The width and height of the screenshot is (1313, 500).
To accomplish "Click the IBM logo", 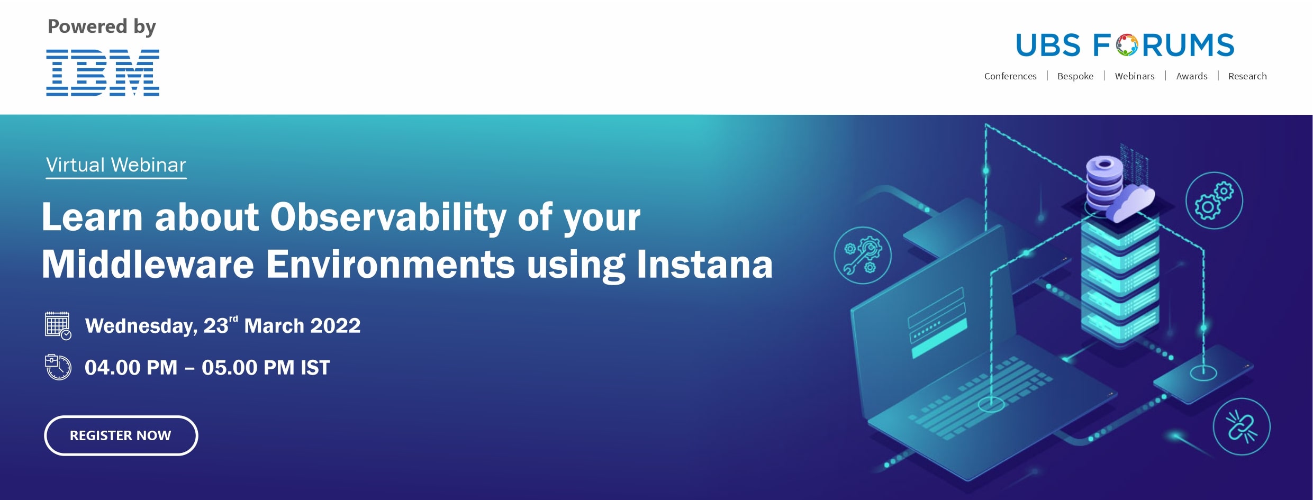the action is (x=103, y=72).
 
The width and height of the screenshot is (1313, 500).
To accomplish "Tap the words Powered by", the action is (x=102, y=27).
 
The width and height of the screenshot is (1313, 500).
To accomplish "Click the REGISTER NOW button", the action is (x=121, y=435).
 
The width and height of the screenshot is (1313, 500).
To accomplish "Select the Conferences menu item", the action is (x=1010, y=76).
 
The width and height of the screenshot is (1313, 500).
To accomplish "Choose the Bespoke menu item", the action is (x=1075, y=76).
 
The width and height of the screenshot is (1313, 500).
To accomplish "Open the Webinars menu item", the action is (x=1135, y=76).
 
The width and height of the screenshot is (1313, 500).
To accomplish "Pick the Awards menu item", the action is (x=1192, y=76).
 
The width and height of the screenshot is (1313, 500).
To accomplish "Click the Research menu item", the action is (x=1247, y=76).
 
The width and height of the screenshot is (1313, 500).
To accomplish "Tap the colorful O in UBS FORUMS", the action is (x=1127, y=46).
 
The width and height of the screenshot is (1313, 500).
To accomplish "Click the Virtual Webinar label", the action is (x=116, y=165).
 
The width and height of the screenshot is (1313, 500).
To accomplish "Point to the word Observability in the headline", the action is (x=388, y=217).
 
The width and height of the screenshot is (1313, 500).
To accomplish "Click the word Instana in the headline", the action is (x=704, y=265).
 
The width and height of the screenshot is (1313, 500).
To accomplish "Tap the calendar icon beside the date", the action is (x=58, y=325).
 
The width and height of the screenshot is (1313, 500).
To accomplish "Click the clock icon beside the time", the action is (x=58, y=367).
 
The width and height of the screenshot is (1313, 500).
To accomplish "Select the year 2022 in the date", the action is (x=335, y=326).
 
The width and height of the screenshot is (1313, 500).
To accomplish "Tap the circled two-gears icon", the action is (x=1214, y=201).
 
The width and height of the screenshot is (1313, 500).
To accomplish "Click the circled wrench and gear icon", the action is (x=863, y=256).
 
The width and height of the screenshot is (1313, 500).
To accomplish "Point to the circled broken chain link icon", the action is (x=1242, y=426).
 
